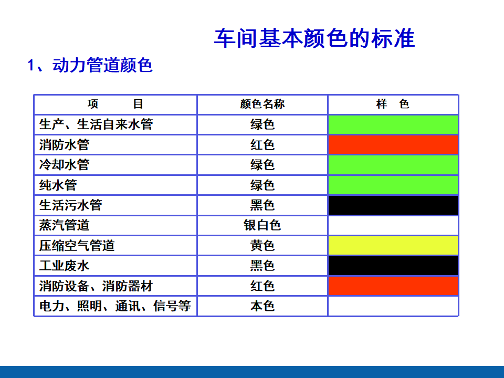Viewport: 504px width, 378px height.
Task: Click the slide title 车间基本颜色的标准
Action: [314, 38]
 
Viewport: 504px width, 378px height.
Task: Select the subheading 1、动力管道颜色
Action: [90, 65]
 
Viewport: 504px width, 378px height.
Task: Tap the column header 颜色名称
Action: [262, 104]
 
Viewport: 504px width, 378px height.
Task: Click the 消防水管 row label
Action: [64, 145]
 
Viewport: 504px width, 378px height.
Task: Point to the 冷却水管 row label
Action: [64, 164]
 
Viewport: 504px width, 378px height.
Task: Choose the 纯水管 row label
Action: [58, 185]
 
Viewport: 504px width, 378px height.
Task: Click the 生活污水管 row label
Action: [71, 205]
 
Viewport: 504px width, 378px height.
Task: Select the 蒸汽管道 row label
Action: [64, 225]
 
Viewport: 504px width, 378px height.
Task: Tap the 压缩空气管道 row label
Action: [77, 246]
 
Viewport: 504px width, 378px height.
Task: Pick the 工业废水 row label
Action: [64, 266]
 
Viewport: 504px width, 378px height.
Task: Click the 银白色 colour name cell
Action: [262, 225]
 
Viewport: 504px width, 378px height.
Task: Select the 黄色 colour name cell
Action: [262, 246]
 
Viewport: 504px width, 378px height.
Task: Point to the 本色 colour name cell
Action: [262, 306]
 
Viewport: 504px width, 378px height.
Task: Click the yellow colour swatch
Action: [393, 246]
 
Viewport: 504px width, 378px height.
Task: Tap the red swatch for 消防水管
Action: [393, 145]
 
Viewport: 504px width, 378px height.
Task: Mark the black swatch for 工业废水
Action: [393, 266]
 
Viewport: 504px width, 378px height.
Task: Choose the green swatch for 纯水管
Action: [393, 185]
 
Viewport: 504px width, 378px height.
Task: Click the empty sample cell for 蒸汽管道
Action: [393, 225]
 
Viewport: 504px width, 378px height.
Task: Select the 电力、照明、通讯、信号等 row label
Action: [115, 306]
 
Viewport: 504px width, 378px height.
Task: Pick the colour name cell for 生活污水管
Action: [262, 205]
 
